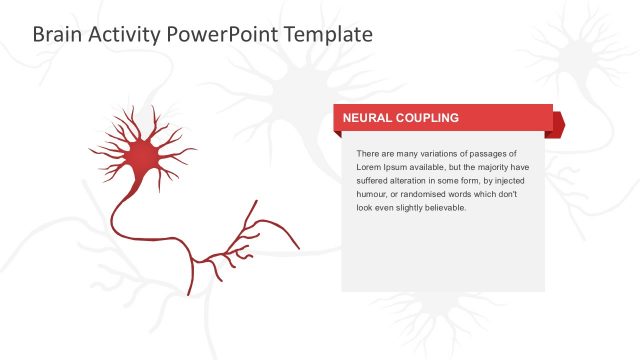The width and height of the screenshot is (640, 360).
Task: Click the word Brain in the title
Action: coord(56,34)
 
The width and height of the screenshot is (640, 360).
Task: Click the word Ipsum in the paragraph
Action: coord(400,167)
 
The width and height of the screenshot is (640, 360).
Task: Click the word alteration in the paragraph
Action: coord(419,181)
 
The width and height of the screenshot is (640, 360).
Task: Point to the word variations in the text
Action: coord(437,153)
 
